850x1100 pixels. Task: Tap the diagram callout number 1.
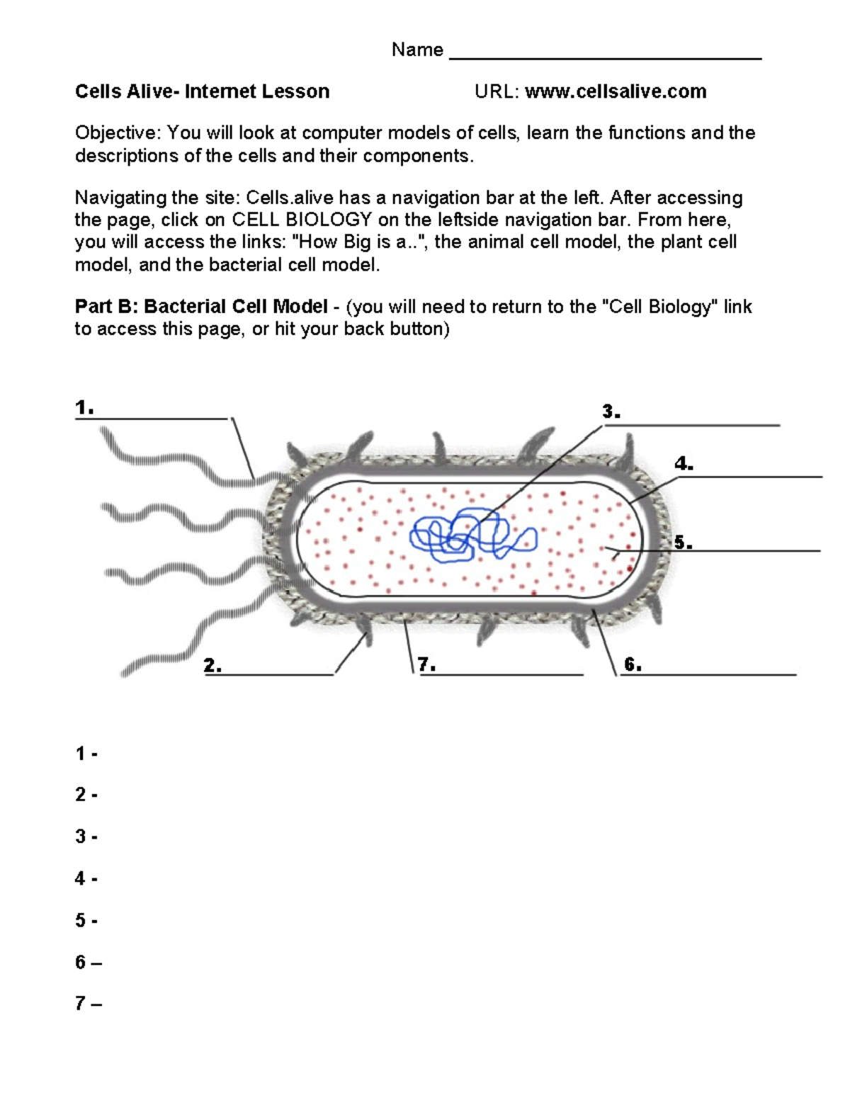click(84, 408)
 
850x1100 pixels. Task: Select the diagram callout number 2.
click(212, 665)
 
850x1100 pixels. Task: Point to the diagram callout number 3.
click(611, 412)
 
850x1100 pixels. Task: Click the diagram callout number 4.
click(684, 464)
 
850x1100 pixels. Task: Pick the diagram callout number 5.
click(683, 543)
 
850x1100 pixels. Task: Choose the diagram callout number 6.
click(633, 664)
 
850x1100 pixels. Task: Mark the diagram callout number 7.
click(426, 664)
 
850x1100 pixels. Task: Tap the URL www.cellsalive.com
click(615, 91)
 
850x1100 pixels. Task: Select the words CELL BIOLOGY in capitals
click(302, 220)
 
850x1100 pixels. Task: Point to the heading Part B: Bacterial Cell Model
click(201, 307)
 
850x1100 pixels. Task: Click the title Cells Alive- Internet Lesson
click(202, 91)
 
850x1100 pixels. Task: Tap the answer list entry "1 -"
click(86, 754)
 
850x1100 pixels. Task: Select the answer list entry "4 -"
click(86, 879)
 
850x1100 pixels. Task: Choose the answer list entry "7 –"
click(88, 1004)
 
